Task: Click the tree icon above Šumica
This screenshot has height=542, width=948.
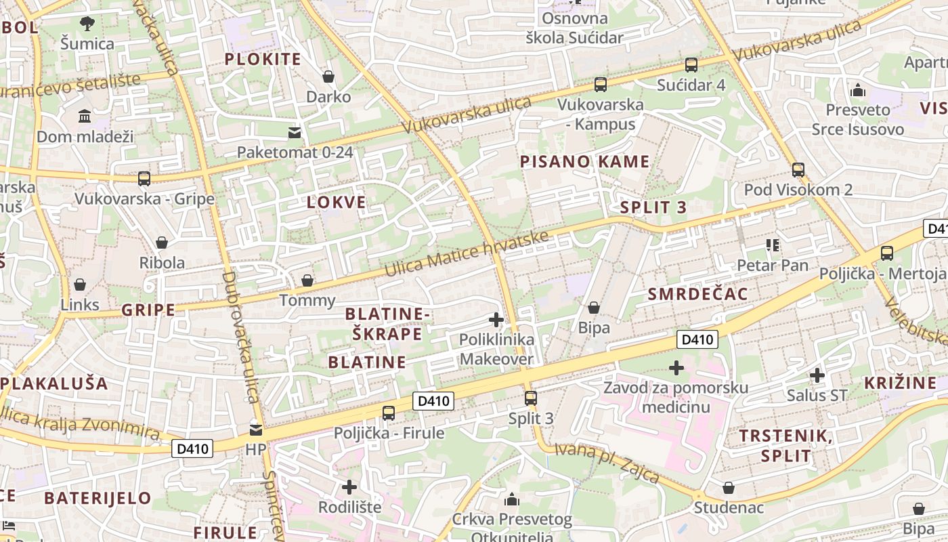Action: [87, 24]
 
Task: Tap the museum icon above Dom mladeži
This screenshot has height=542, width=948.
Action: [85, 117]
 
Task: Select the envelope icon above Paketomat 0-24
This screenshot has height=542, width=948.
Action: [295, 132]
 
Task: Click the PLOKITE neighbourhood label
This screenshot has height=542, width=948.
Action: [263, 59]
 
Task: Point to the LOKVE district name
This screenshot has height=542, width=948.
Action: [337, 202]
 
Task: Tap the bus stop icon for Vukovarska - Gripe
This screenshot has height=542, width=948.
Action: [144, 179]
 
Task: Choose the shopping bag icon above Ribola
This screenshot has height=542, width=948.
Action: [162, 243]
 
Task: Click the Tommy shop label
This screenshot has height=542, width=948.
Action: [307, 300]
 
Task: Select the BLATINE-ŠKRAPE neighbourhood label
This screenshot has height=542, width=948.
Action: [387, 324]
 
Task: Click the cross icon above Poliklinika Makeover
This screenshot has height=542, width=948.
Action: [496, 320]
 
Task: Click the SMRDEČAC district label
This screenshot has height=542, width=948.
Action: [697, 293]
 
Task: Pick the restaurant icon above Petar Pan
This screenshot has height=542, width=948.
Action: [773, 245]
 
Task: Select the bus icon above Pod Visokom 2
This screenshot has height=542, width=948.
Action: [798, 169]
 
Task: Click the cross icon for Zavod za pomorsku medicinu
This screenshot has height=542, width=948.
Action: [676, 368]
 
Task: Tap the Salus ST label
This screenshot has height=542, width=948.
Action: [817, 395]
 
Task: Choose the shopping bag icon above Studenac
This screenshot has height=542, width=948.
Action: [729, 488]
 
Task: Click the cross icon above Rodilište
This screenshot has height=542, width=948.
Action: [349, 486]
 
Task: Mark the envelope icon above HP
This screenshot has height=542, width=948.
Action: [255, 430]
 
